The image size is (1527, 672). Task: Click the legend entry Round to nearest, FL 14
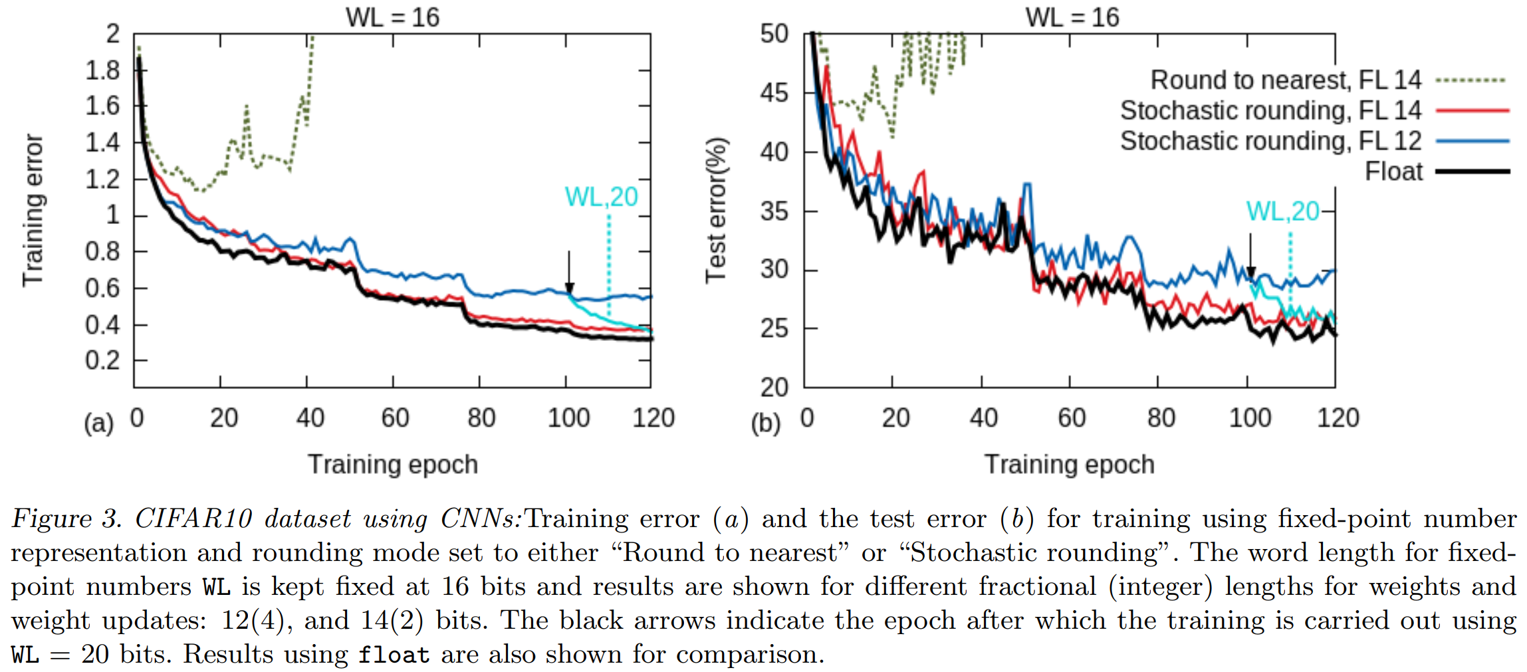[x=1286, y=80]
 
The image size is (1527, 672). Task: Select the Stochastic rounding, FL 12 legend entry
[x=1270, y=141]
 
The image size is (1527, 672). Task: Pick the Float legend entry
[x=1393, y=171]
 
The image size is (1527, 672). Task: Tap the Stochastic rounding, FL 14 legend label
[x=1270, y=110]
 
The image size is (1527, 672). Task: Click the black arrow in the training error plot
[x=569, y=273]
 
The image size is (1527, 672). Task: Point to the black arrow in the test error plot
[x=1250, y=255]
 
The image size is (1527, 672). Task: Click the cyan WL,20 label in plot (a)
[x=601, y=197]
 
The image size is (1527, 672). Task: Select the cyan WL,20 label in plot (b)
[x=1282, y=211]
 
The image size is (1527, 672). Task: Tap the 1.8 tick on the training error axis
[x=102, y=70]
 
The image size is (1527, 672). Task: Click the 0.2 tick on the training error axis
[x=102, y=360]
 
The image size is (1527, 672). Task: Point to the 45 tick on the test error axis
[x=774, y=93]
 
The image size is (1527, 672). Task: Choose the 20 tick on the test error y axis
[x=774, y=387]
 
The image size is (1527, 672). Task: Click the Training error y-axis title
[x=33, y=210]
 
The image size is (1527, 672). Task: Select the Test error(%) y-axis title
[x=717, y=210]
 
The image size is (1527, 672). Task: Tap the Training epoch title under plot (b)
[x=1069, y=465]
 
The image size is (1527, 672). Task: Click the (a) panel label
[x=99, y=423]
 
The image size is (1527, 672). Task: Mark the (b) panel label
[x=766, y=423]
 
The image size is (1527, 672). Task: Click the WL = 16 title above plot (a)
[x=392, y=17]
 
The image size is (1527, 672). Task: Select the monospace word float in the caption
[x=394, y=655]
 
